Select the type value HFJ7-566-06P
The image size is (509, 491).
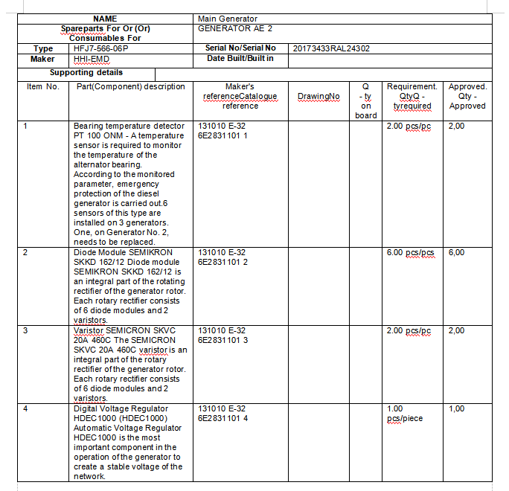click(x=100, y=48)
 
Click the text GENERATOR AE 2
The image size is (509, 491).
click(x=235, y=28)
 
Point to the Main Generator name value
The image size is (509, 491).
click(x=228, y=19)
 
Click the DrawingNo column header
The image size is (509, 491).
click(x=318, y=96)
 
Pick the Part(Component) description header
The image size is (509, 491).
click(x=131, y=87)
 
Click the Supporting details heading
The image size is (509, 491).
click(x=86, y=73)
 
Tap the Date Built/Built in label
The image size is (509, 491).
click(x=240, y=58)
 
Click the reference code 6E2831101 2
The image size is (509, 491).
click(x=223, y=262)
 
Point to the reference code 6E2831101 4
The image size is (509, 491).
click(x=223, y=418)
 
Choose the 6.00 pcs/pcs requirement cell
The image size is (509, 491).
click(x=410, y=253)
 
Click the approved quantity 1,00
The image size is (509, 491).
click(x=457, y=408)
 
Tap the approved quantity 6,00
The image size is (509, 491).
click(x=457, y=253)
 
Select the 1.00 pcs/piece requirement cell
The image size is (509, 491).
click(x=405, y=414)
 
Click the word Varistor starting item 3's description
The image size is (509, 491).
click(x=88, y=330)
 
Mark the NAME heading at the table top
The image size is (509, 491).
click(x=106, y=19)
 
